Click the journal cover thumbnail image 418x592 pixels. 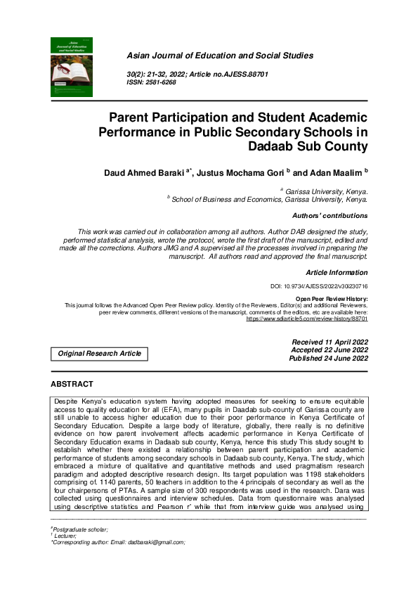point(72,66)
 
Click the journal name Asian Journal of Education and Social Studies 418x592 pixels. point(219,56)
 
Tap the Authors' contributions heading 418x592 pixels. point(329,215)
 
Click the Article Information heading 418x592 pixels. point(337,271)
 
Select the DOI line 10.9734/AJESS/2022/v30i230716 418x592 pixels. point(319,287)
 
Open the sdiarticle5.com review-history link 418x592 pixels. point(306,318)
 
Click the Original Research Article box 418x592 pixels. point(99,354)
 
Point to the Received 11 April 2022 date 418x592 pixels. point(329,342)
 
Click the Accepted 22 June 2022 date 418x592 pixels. point(329,350)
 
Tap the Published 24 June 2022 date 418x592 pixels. point(328,359)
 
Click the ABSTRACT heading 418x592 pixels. point(72,384)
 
